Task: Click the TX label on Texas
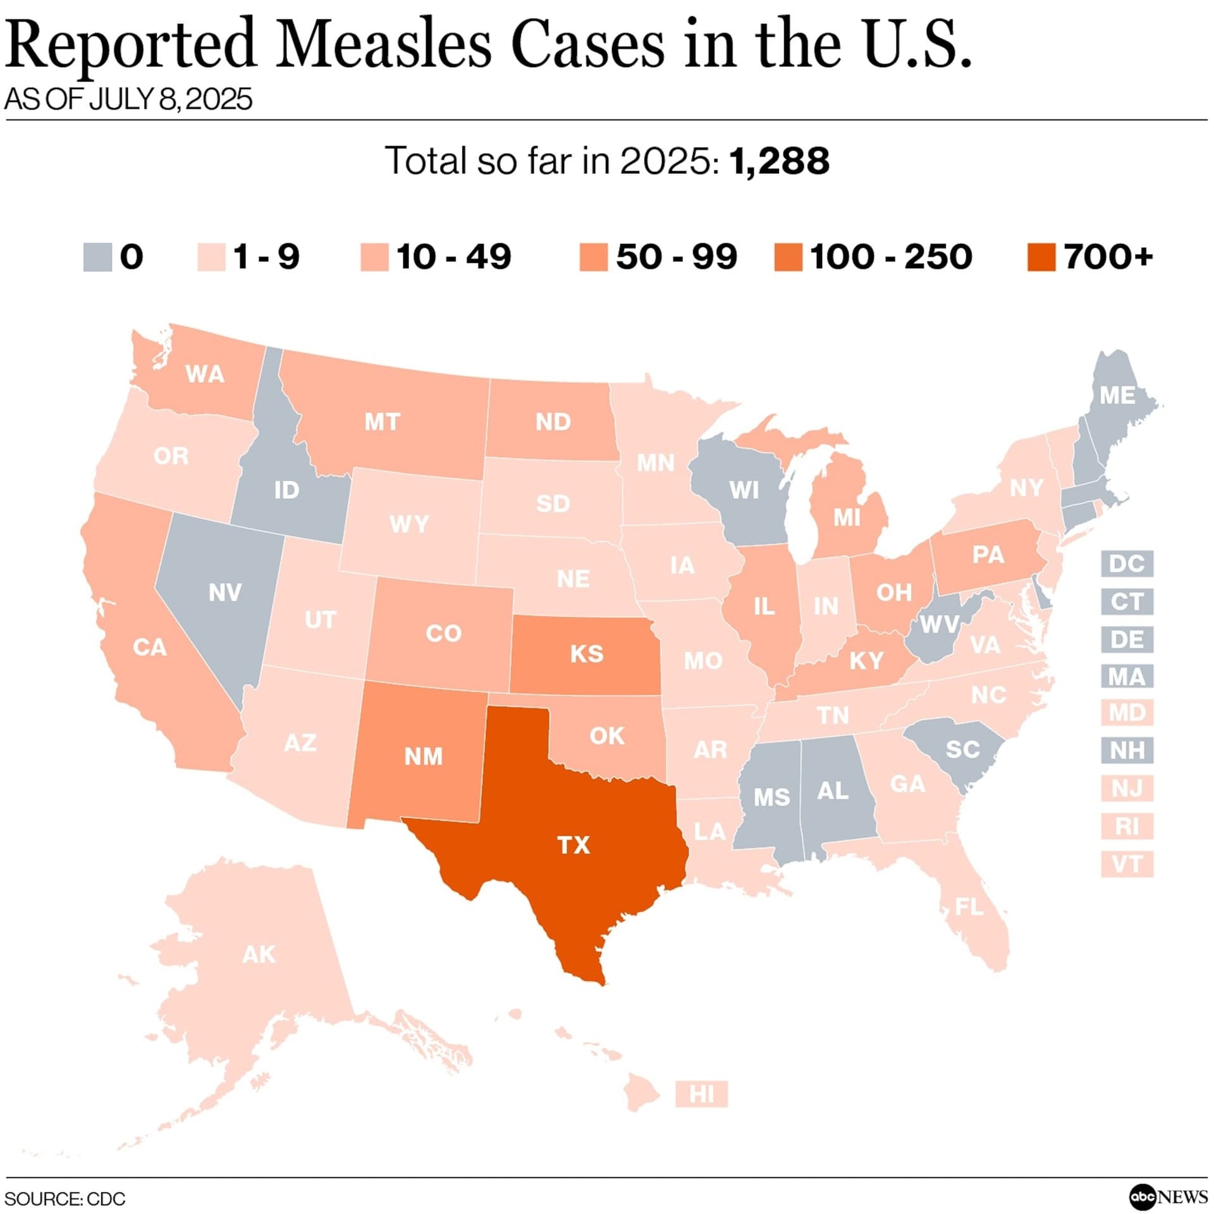(573, 845)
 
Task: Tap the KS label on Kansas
(587, 653)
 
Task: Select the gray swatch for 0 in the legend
(97, 257)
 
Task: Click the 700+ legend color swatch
(1041, 257)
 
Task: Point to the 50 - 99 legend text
(677, 257)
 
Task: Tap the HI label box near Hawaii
(701, 1093)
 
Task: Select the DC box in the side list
(1127, 563)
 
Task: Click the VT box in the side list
(1127, 864)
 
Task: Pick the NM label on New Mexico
(423, 756)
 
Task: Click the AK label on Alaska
(259, 955)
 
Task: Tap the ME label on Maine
(1117, 395)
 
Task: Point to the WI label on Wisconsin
(744, 490)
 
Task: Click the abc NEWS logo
(1168, 1196)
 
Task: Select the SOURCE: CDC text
(65, 1199)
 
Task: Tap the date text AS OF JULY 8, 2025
(128, 99)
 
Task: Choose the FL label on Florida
(969, 907)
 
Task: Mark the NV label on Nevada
(224, 592)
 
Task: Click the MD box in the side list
(1127, 713)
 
